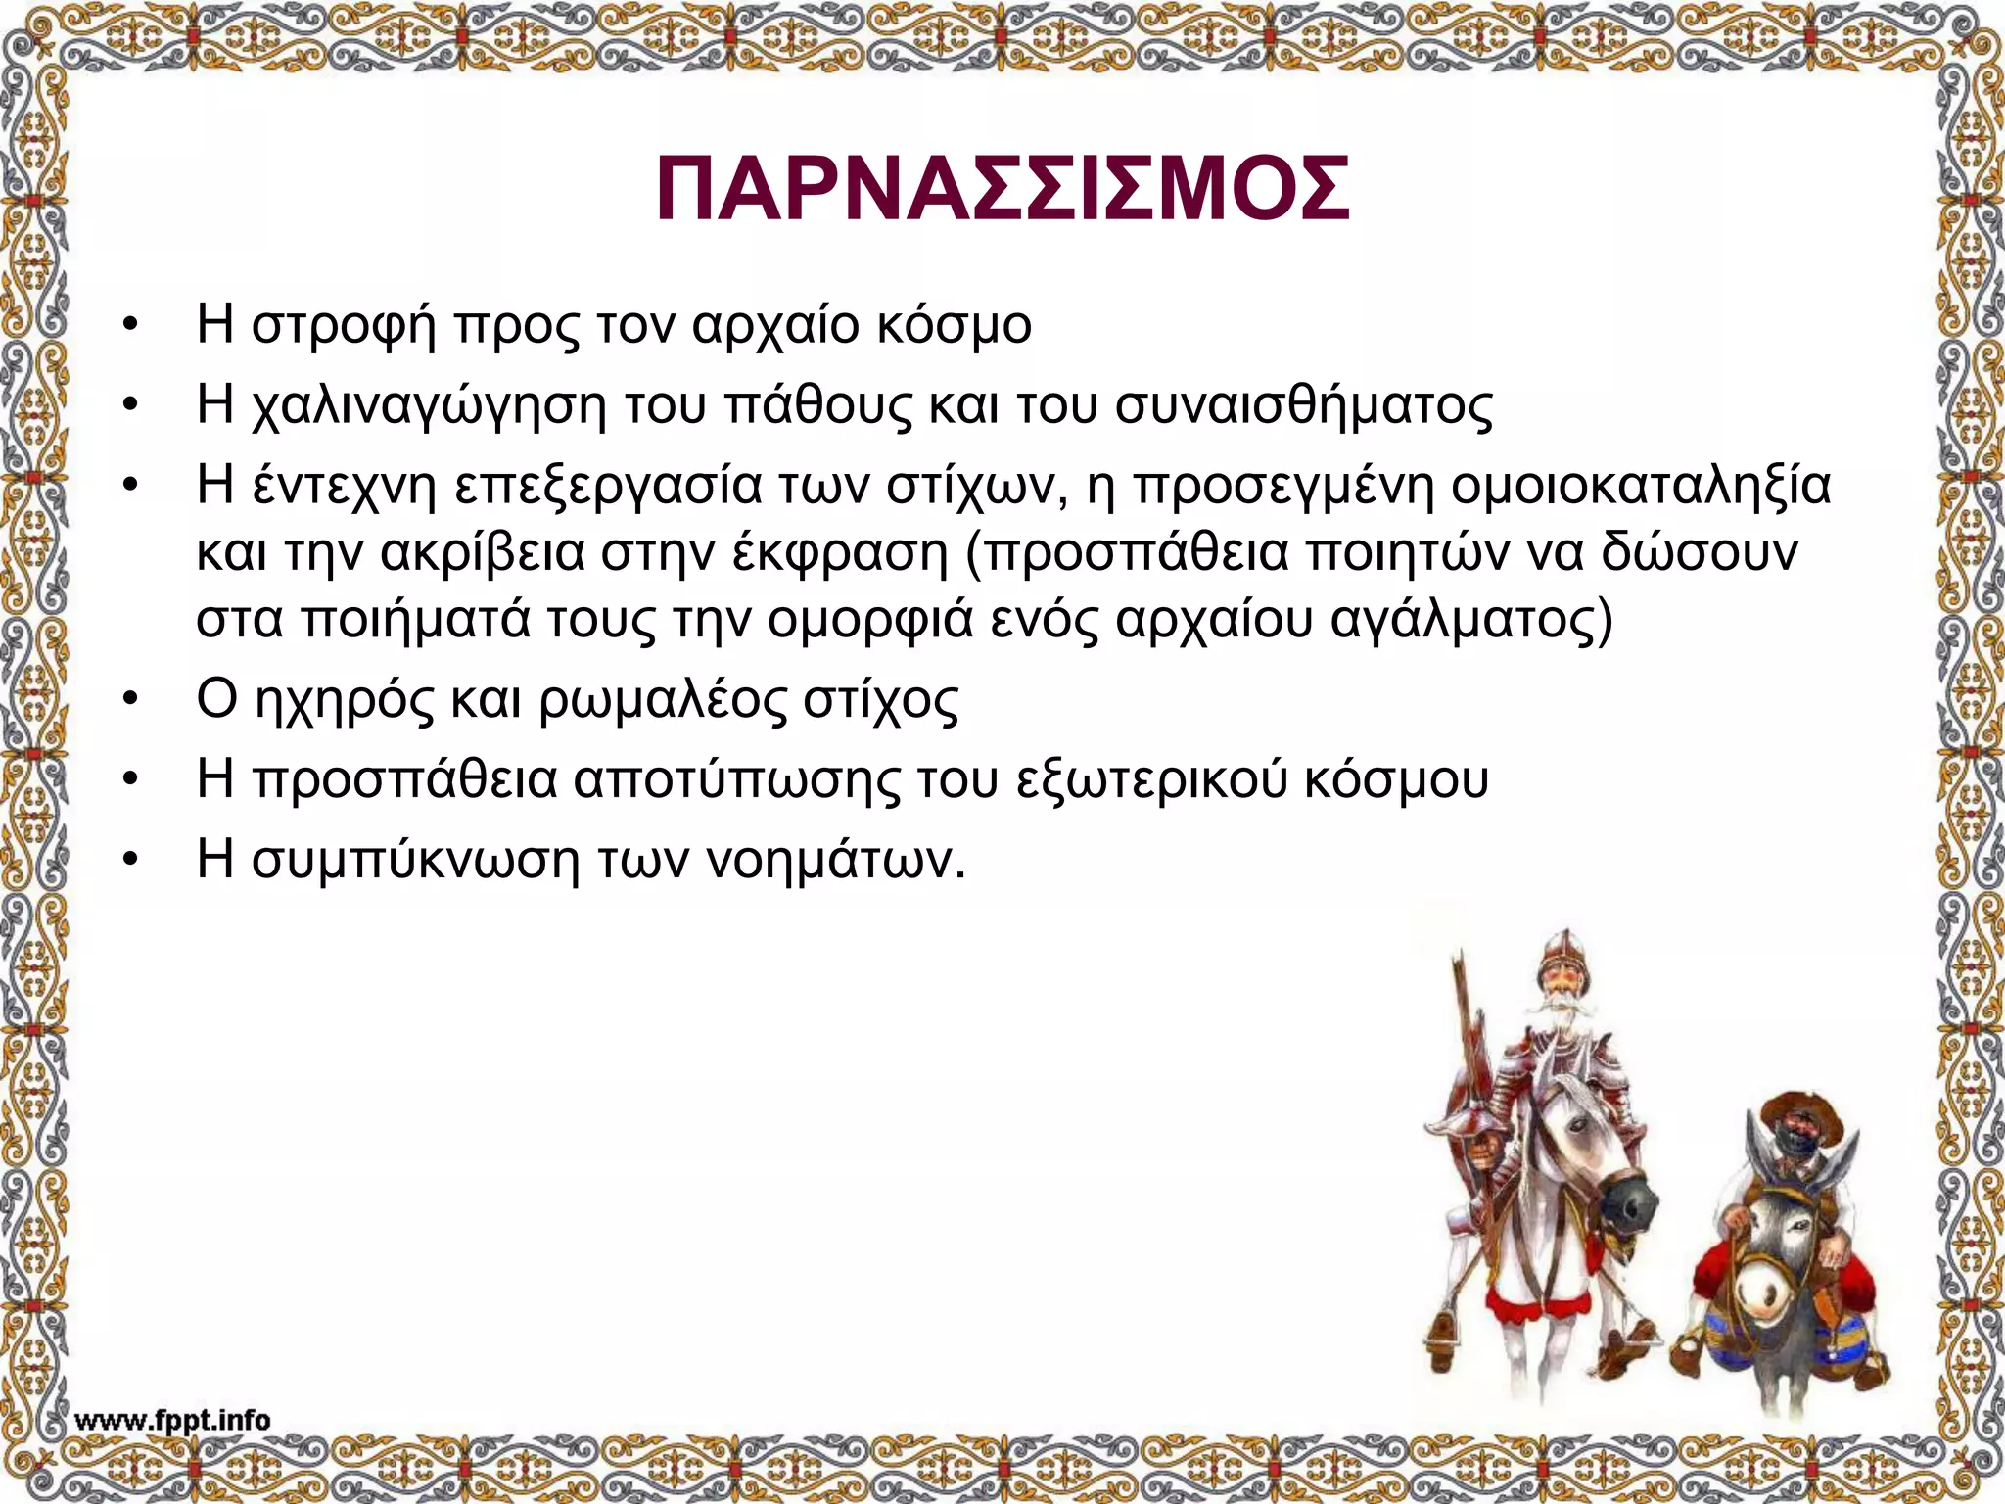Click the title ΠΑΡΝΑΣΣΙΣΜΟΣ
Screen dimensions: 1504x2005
coord(1002,189)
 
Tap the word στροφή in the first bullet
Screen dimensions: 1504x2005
coord(343,326)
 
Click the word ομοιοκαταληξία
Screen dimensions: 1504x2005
coord(1640,487)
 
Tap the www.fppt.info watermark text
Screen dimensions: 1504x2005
coord(172,1421)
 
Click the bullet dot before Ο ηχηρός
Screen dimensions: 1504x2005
coord(127,699)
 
